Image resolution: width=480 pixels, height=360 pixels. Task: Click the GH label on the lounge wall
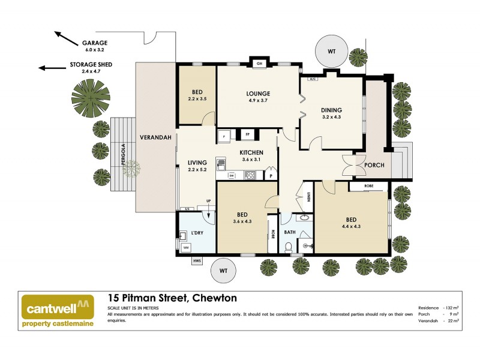point(259,63)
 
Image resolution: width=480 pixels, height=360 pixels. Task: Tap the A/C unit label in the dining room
point(312,79)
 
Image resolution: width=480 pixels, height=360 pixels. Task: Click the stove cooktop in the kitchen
point(251,175)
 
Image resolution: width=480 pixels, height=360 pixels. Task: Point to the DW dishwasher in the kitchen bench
point(232,175)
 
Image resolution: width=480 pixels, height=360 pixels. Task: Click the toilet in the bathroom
point(289,247)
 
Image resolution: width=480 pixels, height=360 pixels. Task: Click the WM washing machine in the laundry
point(185,247)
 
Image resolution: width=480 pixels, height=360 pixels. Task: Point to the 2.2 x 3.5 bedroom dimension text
point(197,98)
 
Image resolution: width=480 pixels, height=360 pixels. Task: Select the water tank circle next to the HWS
point(224,271)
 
